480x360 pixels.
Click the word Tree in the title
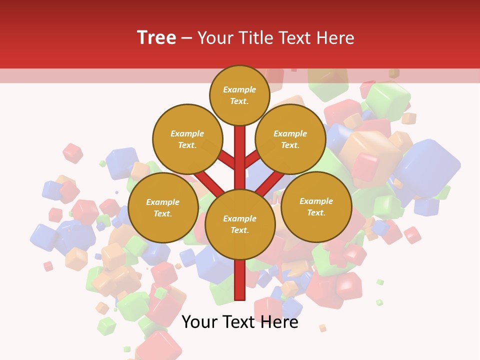click(x=156, y=38)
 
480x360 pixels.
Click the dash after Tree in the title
click(x=186, y=38)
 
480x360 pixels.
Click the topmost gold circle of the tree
click(x=239, y=95)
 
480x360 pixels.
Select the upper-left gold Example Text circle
click(x=187, y=139)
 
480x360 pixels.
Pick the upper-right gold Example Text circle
click(x=290, y=139)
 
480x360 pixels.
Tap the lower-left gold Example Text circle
click(x=163, y=208)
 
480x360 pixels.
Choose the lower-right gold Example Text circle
click(x=316, y=207)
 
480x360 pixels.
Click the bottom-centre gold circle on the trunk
click(x=240, y=224)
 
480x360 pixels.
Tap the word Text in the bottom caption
click(x=239, y=322)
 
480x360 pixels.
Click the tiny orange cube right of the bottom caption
click(x=322, y=328)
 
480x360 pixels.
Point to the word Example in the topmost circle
click(x=239, y=90)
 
